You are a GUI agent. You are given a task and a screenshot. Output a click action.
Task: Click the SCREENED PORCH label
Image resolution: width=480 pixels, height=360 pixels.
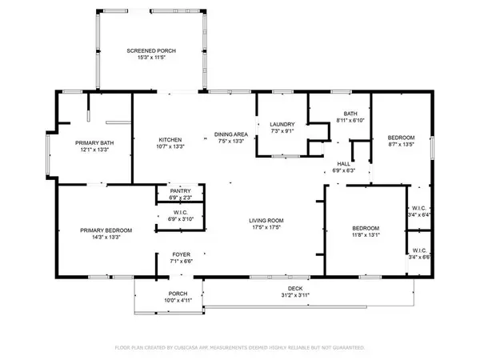click(151, 51)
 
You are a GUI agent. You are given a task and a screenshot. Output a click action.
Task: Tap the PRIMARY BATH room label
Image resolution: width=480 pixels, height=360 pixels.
click(94, 143)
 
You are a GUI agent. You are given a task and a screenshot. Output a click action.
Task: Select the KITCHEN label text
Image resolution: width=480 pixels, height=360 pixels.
click(170, 139)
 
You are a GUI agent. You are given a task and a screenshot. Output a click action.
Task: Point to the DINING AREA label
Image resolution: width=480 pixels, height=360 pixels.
click(231, 134)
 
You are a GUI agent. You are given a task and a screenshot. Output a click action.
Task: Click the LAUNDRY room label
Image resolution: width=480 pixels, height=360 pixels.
click(282, 124)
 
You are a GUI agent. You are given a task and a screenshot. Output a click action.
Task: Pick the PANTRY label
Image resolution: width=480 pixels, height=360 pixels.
click(180, 191)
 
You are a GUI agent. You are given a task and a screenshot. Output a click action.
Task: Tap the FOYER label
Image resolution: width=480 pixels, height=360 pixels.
click(182, 254)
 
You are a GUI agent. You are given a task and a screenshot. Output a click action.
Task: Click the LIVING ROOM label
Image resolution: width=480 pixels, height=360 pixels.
click(266, 221)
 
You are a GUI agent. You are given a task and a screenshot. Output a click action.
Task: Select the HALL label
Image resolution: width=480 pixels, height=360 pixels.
click(344, 164)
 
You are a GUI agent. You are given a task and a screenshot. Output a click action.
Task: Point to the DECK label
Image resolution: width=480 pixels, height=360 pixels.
click(295, 288)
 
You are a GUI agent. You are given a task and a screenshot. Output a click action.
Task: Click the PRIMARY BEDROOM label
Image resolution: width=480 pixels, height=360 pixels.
click(106, 230)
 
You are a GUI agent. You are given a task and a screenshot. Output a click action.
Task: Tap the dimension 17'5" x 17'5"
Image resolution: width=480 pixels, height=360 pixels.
click(266, 227)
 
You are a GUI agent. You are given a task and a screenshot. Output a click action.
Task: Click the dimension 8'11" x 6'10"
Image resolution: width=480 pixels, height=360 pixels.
click(350, 120)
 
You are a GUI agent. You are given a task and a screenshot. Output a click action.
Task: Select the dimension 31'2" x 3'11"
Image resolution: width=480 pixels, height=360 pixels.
click(295, 295)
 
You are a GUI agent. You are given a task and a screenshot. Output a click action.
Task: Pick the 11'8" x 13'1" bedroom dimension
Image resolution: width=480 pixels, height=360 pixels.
click(366, 235)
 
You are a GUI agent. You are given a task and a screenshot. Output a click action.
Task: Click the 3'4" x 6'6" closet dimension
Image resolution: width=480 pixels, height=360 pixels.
click(419, 258)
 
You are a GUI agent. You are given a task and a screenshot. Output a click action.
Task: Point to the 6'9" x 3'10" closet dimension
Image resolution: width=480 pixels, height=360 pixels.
click(181, 219)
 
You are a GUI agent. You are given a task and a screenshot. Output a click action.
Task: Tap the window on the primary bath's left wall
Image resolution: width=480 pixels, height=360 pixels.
click(48, 155)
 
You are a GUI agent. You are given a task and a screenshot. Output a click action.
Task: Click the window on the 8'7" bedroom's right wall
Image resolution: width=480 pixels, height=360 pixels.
click(432, 148)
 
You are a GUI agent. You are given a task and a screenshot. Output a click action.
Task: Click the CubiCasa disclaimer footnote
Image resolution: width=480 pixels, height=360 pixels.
click(240, 348)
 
